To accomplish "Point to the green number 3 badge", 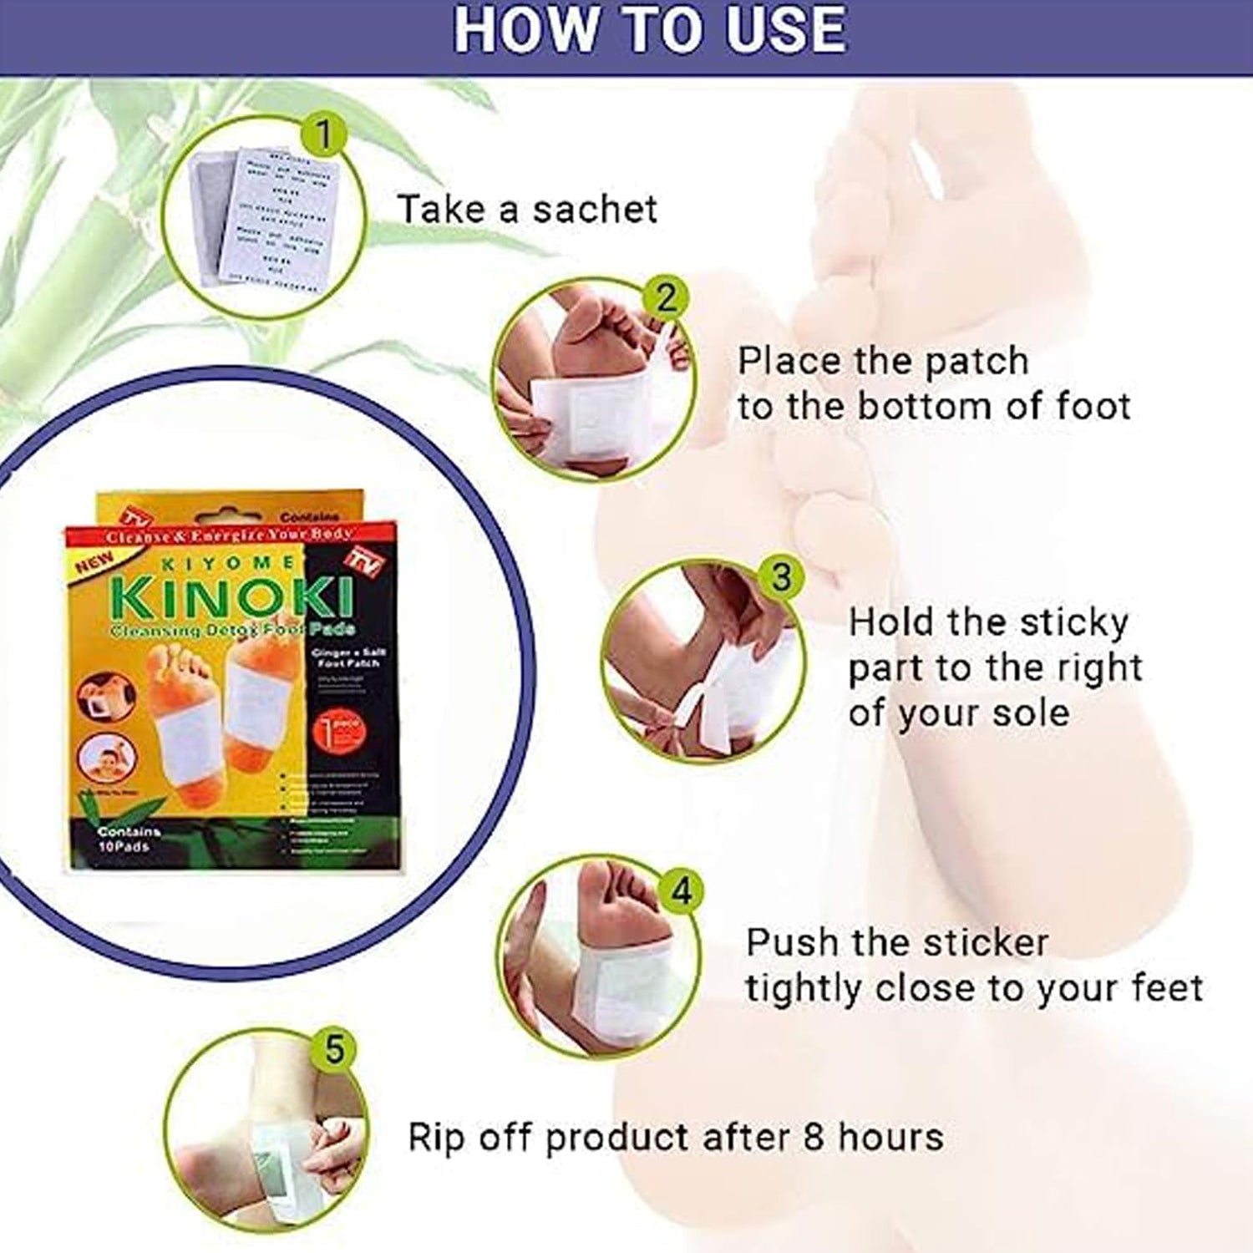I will coord(780,577).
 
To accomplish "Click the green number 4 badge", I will coord(682,892).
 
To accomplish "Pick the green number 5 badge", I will coord(334,1049).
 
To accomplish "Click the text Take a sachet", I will coord(527,209).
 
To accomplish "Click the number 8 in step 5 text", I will coord(813,1137).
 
